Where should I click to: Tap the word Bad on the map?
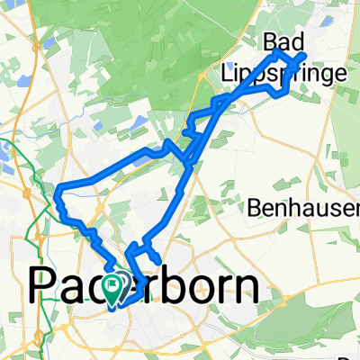pos(283,42)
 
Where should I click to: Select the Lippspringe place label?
pos(283,72)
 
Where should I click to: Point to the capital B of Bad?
pos(271,42)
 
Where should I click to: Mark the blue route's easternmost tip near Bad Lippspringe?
pos(305,57)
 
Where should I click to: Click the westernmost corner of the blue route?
pos(58,189)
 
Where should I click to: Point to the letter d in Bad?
pos(296,42)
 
